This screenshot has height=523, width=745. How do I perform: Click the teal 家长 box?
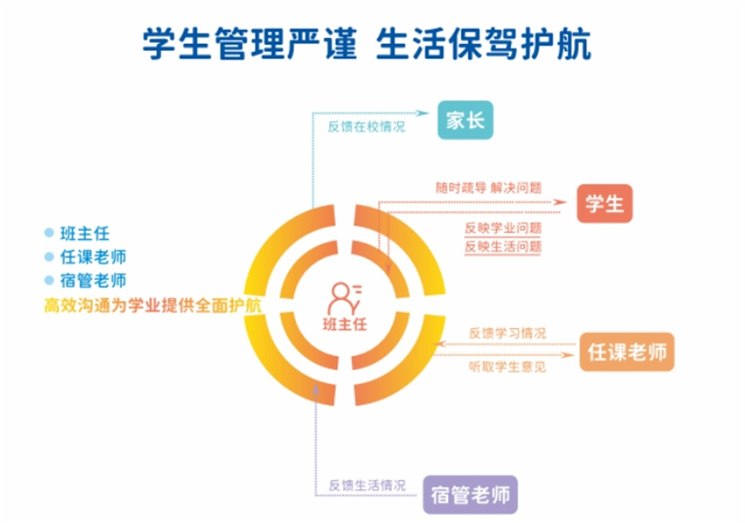465,120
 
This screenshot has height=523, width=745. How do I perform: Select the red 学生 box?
605,203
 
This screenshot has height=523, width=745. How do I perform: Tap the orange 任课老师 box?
626,352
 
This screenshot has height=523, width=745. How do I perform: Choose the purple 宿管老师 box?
470,494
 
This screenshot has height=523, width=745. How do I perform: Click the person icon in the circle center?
344,299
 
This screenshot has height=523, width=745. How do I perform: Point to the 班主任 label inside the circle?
345,325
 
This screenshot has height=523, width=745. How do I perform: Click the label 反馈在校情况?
366,126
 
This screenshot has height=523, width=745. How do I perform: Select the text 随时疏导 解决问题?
489,188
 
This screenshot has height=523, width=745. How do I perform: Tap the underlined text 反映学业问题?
502,228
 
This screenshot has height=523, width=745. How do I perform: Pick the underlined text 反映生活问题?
502,247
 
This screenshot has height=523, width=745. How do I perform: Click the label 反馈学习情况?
508,333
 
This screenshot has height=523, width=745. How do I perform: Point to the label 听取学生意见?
508,367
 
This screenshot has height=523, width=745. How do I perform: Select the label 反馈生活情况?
367,485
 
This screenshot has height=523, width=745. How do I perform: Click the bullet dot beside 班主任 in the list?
49,233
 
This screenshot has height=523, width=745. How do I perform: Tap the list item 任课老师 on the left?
94,257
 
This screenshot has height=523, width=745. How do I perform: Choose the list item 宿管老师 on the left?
94,281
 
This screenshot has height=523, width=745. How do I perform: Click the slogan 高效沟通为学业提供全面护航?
152,306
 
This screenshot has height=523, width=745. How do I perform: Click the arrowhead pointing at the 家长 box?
423,113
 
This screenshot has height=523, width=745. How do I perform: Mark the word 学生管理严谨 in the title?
249,43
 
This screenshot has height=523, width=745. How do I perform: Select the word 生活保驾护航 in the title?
483,43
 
